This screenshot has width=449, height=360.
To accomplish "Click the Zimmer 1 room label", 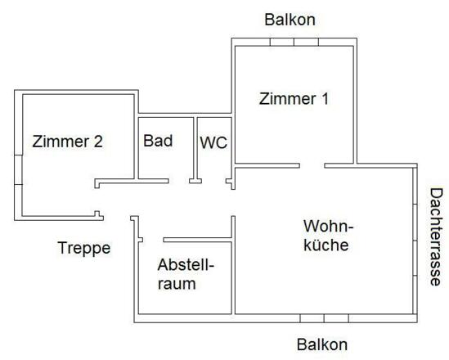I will [294, 99].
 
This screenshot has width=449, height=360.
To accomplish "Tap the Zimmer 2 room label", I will [67, 141].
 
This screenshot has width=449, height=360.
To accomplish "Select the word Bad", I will [158, 140].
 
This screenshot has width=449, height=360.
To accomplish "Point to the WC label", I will [213, 142].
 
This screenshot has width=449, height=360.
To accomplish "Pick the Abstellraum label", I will [185, 275].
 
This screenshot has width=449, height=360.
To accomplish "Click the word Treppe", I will [83, 247].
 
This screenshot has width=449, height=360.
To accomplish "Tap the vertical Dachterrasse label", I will [436, 236].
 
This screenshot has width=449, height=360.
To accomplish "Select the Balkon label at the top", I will [290, 19].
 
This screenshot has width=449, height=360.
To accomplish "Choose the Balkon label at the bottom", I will [322, 344].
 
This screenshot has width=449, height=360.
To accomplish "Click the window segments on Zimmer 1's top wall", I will [294, 42].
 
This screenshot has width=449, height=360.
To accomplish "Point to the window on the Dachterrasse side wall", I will [417, 241].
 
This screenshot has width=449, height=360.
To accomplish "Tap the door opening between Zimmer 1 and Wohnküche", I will [312, 165].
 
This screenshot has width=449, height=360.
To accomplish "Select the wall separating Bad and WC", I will [195, 147].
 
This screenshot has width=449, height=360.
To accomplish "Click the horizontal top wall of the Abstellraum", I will [199, 241].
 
